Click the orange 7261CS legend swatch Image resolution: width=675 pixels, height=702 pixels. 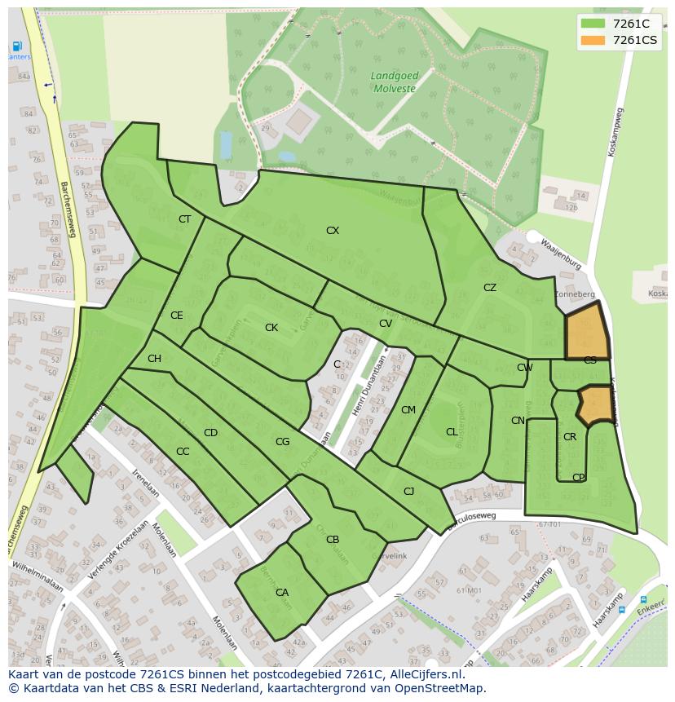coord(593,40)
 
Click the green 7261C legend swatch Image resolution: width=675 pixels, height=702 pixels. coord(593,24)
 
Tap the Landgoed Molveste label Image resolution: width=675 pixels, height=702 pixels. coord(393,82)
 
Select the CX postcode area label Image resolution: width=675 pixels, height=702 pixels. coord(333,231)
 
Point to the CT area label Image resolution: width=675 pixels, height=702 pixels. coord(184,219)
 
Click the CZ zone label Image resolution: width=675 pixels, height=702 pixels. coord(489,288)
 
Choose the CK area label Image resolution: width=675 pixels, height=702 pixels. coord(271,328)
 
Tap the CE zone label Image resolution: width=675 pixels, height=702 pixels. coord(177,316)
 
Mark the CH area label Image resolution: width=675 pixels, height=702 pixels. coord(154,359)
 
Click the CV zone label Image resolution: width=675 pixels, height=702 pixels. coord(386,324)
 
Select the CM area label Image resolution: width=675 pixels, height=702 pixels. coord(408,410)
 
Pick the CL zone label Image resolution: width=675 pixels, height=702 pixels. coord(452,432)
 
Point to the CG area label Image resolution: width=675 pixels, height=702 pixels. coord(282,442)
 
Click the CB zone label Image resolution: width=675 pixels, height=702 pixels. coord(333,540)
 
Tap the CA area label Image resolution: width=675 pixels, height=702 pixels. coord(282,593)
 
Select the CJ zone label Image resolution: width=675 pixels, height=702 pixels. coord(409,491)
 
